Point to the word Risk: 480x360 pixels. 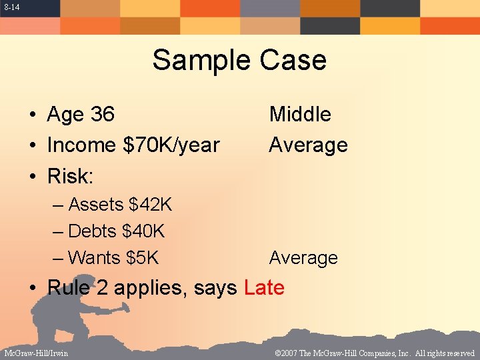pos(70,176)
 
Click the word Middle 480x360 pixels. pos(300,115)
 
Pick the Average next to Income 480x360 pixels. pos(308,145)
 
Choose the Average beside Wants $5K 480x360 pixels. pos(303,258)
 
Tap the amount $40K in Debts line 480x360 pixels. pos(143,231)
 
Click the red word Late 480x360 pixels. pos(264,288)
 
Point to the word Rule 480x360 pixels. pos(71,288)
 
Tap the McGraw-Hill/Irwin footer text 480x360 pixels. pos(36,353)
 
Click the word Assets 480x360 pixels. pos(96,205)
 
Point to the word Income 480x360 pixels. pos(80,145)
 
